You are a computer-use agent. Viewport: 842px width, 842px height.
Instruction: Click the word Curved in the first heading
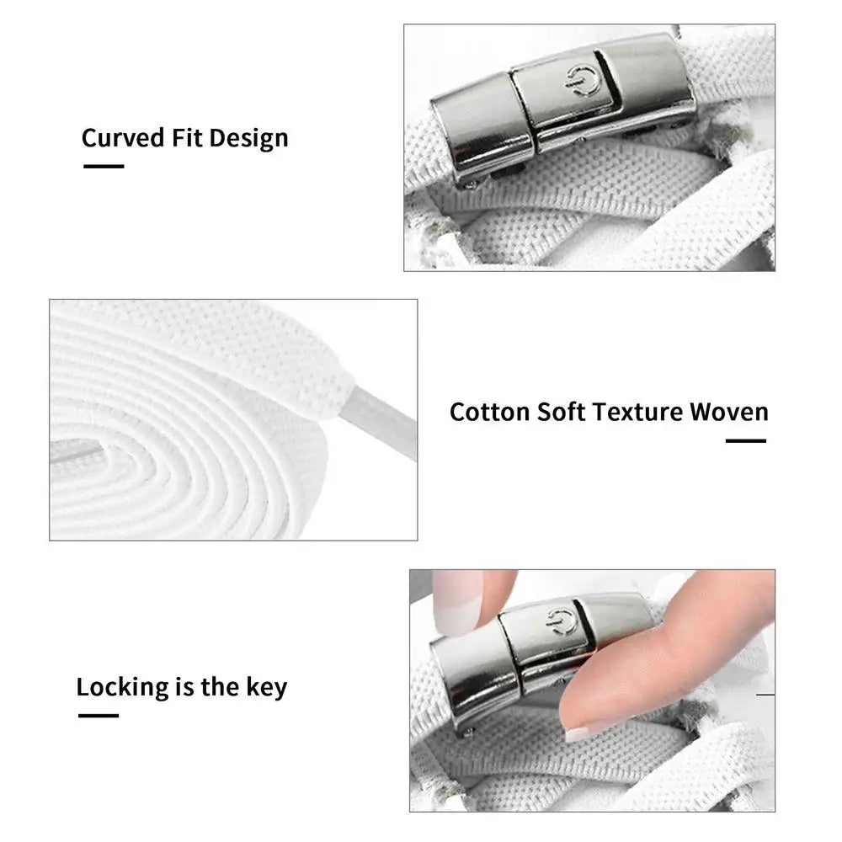(123, 137)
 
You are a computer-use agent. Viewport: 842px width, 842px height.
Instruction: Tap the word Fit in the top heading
(187, 137)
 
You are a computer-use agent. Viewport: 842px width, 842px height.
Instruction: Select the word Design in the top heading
(248, 139)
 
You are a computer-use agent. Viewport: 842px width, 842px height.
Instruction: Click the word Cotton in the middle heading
(490, 412)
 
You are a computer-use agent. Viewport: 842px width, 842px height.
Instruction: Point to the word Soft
(561, 412)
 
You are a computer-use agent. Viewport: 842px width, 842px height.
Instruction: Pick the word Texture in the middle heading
(637, 412)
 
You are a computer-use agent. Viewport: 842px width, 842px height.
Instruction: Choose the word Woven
(729, 412)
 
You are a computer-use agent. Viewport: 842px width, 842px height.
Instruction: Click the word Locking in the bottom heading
(122, 688)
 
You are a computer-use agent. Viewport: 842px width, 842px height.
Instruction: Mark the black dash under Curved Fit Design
(104, 167)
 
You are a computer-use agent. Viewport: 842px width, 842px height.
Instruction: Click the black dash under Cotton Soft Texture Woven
(746, 441)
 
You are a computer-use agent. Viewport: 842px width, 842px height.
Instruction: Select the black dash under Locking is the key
(99, 716)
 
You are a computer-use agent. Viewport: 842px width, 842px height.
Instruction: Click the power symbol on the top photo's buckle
(580, 81)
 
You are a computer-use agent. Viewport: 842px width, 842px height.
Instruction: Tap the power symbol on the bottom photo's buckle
(562, 622)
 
